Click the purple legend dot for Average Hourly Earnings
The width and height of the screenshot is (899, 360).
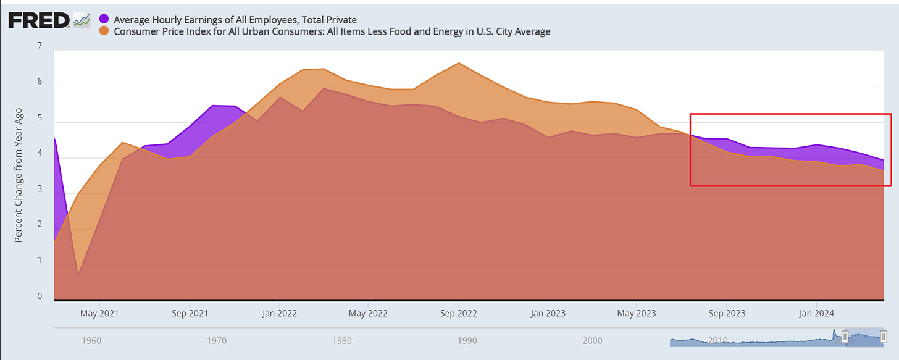pos(104,20)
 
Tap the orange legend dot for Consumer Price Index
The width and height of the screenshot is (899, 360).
pos(104,31)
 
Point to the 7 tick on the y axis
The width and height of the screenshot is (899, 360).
pos(40,46)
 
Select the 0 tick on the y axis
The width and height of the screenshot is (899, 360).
pos(40,296)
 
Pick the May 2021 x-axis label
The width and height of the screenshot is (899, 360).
pos(99,313)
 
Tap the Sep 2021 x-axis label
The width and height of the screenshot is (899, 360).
pos(189,313)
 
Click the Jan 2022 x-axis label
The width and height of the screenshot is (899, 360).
pos(279,313)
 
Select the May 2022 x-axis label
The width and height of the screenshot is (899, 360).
pos(368,313)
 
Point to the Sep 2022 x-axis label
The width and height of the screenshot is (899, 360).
pos(458,313)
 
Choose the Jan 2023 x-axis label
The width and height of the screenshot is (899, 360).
pos(547,313)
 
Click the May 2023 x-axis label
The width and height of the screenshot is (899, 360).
pos(637,313)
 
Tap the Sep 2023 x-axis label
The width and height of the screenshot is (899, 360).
pos(727,313)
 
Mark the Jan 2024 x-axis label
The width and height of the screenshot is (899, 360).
pos(816,313)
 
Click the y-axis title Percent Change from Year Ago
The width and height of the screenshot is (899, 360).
pos(19,175)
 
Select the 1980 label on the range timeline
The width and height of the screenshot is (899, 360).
pos(341,340)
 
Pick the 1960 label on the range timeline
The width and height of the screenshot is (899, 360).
pos(91,340)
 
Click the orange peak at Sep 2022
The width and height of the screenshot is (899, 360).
pos(458,63)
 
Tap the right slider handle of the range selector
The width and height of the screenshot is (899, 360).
pos(884,337)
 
